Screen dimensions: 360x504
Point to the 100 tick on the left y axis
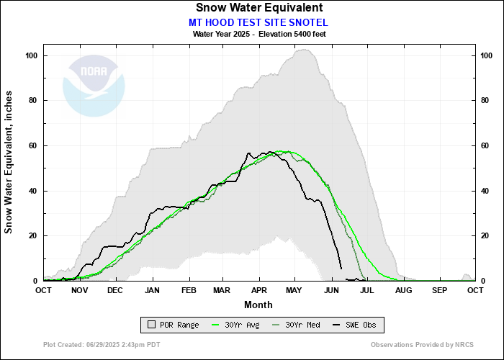point(32,55)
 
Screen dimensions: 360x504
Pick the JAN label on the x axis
point(152,290)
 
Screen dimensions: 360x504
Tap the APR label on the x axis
point(258,290)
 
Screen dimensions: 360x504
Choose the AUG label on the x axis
point(402,290)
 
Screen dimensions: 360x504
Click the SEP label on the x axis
point(439,290)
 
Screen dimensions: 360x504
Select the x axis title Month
point(258,305)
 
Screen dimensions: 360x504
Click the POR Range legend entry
point(173,325)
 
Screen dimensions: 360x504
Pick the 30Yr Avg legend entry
point(235,325)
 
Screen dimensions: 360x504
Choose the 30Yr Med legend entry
point(294,325)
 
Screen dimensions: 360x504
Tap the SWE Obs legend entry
point(354,325)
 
